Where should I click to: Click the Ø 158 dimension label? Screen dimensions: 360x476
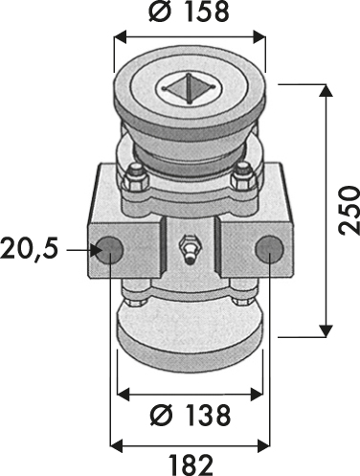pos(189,11)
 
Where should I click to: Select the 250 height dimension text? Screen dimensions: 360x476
pos(349,211)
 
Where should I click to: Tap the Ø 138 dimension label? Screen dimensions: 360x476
pos(191,415)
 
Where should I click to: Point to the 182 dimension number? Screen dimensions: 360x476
pos(191,465)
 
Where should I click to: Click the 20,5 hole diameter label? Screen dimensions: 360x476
pos(30,249)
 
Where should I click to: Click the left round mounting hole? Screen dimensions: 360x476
pos(109,249)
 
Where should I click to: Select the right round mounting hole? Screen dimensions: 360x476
pos(269,249)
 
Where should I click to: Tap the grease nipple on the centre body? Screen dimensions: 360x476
pos(189,249)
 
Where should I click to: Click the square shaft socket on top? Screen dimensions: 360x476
pos(189,89)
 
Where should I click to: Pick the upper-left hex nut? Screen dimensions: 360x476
pos(137,179)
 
